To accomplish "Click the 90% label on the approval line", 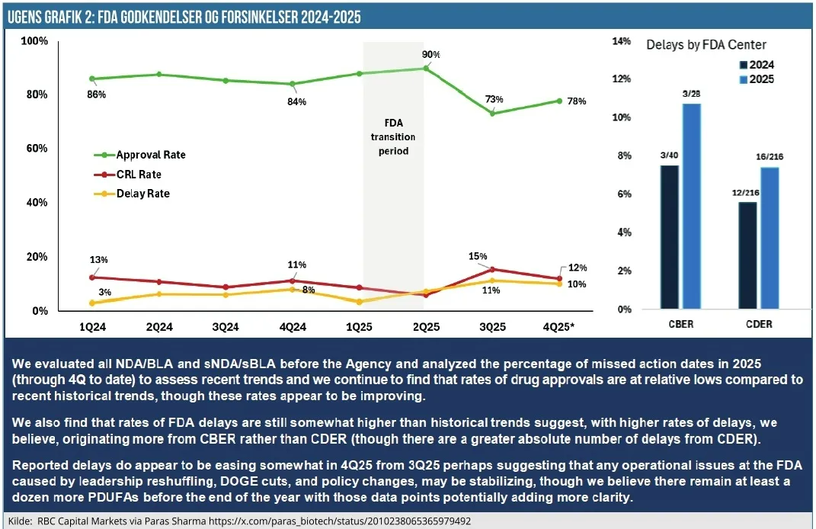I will point(431,55).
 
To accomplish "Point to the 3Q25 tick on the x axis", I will point(492,326).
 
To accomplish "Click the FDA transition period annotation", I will point(393,136).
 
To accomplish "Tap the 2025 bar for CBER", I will point(692,206).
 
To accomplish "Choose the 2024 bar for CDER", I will point(747,255).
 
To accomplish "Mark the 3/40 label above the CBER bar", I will point(670,155).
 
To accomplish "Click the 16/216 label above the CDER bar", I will point(769,157).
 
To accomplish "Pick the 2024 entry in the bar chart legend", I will point(760,65).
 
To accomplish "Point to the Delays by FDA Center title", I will point(706,45).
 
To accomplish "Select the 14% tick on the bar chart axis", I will point(622,41).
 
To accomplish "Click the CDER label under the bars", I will point(758,324).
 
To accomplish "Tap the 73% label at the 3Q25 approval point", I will point(494,99).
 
